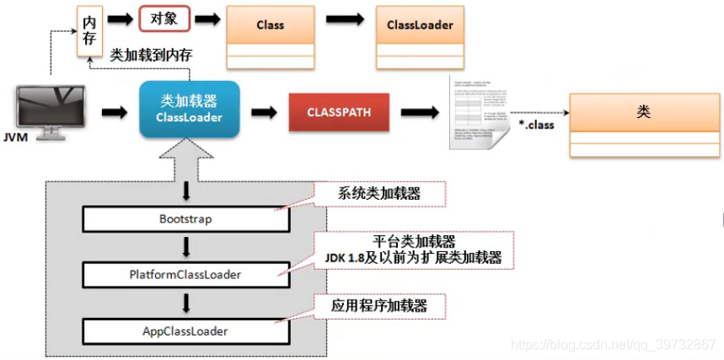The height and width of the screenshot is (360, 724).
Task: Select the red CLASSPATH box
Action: point(338,112)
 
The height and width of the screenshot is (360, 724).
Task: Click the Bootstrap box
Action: point(185,218)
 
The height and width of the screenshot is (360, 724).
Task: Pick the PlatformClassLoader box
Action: point(185,273)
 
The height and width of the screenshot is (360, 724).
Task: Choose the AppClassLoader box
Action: point(185,330)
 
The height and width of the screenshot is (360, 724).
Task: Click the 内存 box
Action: point(89,32)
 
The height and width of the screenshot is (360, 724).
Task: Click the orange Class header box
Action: point(270,25)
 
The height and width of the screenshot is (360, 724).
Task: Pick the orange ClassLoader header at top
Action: point(420,25)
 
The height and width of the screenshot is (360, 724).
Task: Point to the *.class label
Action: point(535,126)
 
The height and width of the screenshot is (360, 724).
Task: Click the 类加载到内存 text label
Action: point(151,54)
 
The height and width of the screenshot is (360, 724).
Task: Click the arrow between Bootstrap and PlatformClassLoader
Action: point(185,245)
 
